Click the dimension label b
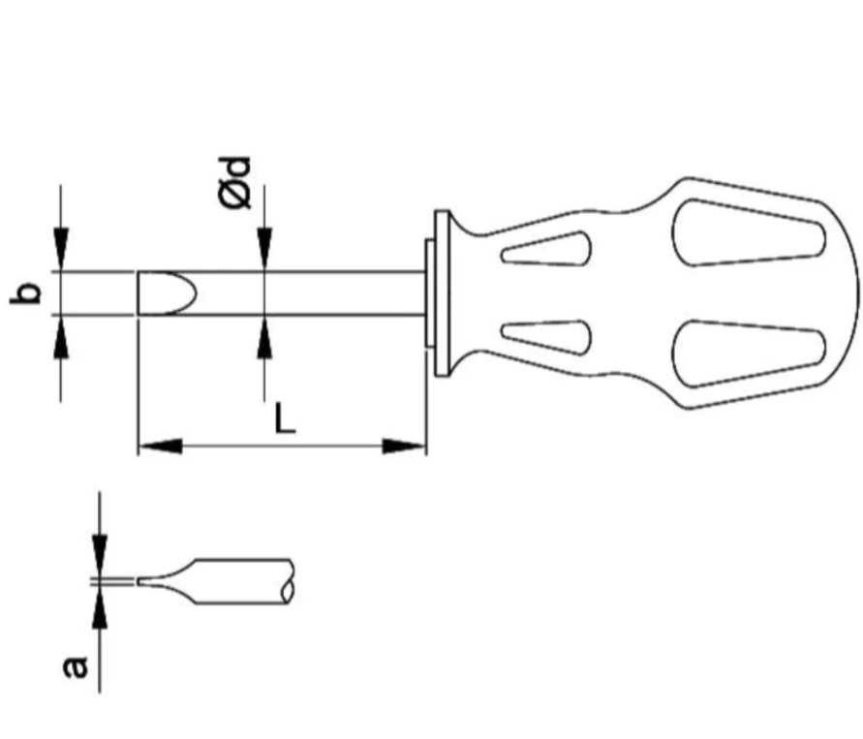[x=26, y=293]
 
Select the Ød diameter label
[x=235, y=183]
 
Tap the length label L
[x=285, y=417]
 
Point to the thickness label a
[x=76, y=666]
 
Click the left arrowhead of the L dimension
[x=160, y=446]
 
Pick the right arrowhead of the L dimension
[x=405, y=446]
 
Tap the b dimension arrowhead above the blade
[x=61, y=249]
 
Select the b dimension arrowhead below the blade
[x=61, y=337]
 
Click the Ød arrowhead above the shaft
[x=264, y=249]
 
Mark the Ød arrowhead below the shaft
[x=264, y=337]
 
